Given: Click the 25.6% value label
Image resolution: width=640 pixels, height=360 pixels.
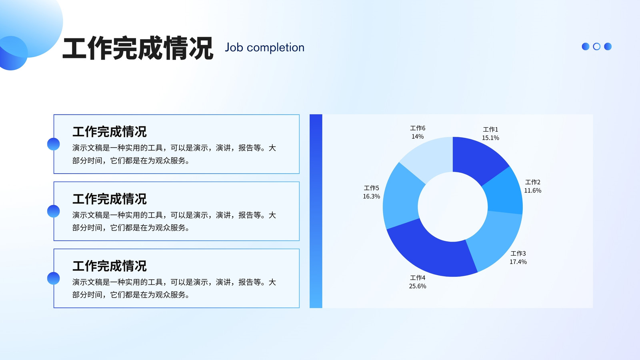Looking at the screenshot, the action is click(418, 286).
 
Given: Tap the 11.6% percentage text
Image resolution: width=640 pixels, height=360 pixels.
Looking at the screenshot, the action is click(532, 190).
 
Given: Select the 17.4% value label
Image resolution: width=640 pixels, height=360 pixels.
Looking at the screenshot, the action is click(518, 262).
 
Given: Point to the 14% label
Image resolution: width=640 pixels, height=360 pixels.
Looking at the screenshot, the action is click(418, 136).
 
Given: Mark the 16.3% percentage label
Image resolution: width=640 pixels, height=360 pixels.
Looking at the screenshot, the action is click(372, 196).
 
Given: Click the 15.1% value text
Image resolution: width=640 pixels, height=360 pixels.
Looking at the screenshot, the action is click(490, 138).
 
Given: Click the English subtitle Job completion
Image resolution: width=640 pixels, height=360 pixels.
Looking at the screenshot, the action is click(264, 48).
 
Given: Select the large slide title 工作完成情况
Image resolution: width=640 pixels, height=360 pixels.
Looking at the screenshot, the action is click(138, 48).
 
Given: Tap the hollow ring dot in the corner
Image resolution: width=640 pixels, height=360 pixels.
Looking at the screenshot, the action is click(596, 46).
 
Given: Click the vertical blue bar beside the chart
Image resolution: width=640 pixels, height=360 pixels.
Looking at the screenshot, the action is click(316, 211).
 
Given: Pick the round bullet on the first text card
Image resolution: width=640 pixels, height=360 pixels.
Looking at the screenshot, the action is click(54, 144).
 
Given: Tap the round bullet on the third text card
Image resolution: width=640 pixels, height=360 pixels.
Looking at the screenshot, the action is click(54, 278).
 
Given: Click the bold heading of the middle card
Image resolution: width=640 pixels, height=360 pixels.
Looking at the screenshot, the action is click(110, 199).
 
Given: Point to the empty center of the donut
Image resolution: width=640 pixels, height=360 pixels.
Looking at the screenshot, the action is click(453, 207).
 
